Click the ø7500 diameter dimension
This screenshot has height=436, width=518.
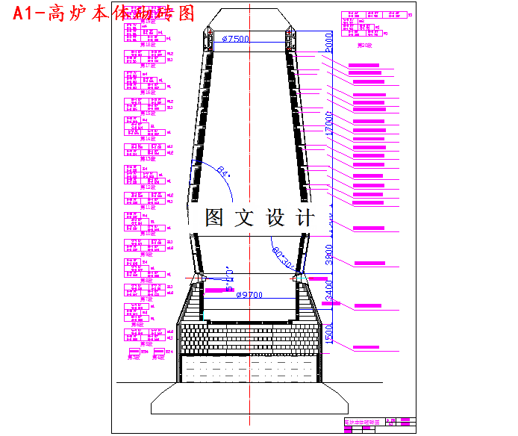[x=235, y=39]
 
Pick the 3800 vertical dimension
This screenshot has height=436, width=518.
[x=329, y=255]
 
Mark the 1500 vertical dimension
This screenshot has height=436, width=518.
[x=329, y=333]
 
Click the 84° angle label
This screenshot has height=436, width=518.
[x=222, y=173]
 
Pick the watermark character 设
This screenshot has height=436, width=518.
[x=275, y=217]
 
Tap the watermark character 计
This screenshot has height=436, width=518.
[x=306, y=217]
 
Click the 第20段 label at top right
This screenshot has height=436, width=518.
[x=365, y=46]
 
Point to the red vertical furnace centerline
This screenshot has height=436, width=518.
[x=249, y=224]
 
